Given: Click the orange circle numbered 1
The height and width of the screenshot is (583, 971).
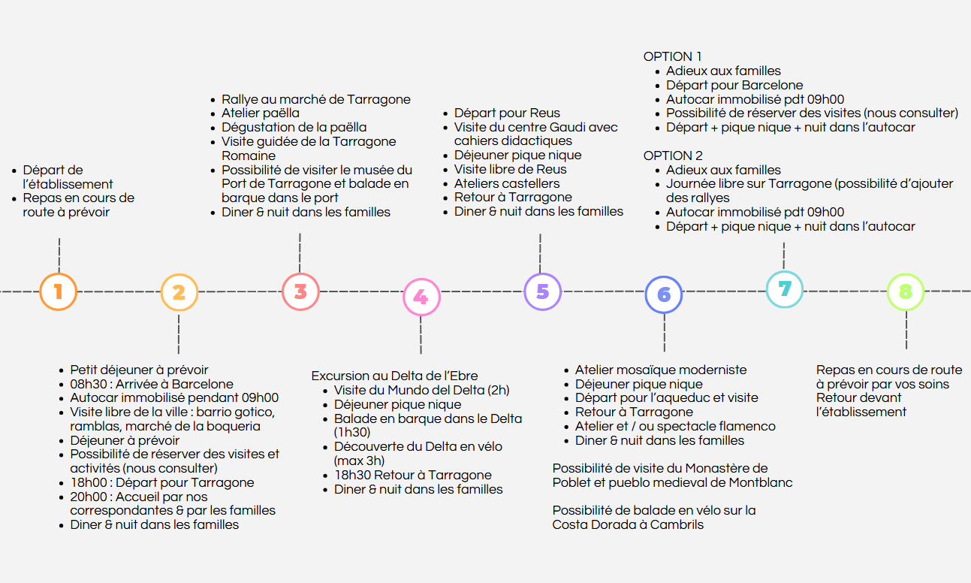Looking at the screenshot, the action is (59, 291).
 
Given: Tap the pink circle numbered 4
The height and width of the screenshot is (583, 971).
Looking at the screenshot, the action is (421, 298).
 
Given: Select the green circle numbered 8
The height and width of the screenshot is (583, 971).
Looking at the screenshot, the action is (906, 292).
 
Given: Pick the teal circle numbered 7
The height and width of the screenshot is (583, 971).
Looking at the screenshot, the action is (785, 289).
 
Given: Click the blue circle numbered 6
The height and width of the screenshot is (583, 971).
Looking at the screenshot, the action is (664, 295).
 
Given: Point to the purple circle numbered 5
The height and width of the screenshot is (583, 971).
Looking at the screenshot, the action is (543, 291).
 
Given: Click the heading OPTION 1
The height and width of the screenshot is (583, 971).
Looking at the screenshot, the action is (672, 56).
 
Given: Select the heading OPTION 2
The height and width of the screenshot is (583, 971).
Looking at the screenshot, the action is (673, 156).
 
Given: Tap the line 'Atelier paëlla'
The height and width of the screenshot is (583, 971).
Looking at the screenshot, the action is (260, 113).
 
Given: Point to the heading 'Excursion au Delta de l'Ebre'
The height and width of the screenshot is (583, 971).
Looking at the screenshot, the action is (394, 376).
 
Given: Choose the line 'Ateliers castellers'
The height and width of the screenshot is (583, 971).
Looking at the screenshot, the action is (507, 183).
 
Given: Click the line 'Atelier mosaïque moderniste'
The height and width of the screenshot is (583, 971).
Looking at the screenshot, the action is (661, 370).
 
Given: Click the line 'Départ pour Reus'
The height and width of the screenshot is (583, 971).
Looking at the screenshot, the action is (507, 113).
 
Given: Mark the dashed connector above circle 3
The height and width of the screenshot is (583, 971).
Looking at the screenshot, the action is (300, 253).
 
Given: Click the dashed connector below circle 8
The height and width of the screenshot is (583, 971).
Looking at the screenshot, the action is (906, 330).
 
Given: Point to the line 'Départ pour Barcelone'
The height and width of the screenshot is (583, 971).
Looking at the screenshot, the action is (734, 85).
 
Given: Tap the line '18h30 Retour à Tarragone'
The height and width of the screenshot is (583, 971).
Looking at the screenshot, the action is (413, 475).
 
